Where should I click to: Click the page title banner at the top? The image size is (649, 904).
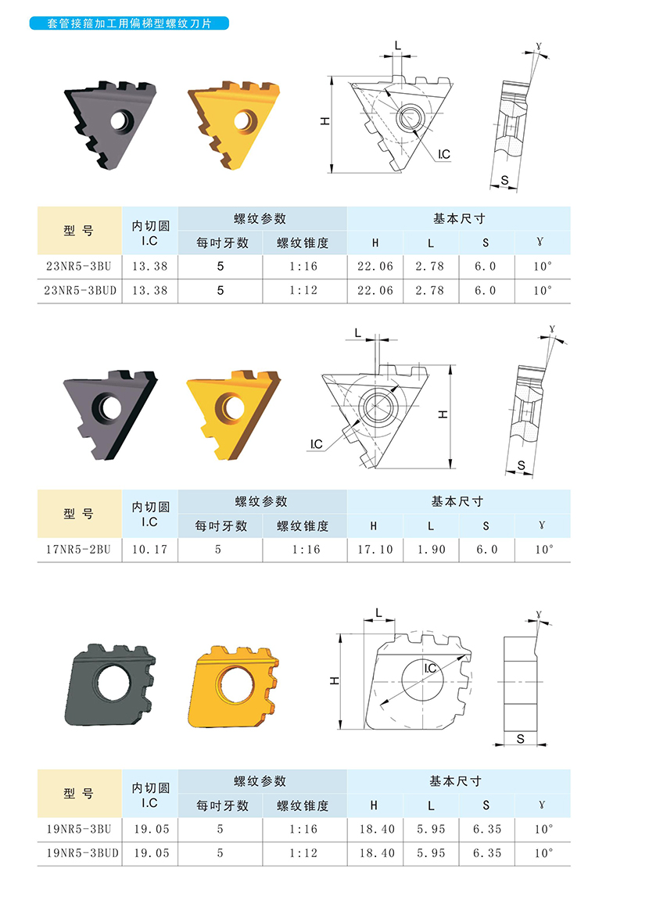129,23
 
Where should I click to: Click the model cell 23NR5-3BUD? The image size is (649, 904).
80,291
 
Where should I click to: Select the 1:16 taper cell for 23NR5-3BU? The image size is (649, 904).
303,267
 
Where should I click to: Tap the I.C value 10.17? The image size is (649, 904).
150,550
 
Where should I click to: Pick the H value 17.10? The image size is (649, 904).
375,550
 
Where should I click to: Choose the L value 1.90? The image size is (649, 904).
432,550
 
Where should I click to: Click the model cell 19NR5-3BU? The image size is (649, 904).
79,829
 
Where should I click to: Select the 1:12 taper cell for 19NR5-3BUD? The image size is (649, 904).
303,852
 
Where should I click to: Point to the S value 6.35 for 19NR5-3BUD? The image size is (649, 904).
487,852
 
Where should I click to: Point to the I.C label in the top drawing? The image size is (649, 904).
444,154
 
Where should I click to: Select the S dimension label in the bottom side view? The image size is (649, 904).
521,738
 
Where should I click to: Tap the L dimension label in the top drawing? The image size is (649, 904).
398,45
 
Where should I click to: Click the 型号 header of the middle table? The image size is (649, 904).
79,514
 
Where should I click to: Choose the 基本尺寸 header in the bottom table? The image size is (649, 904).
455,781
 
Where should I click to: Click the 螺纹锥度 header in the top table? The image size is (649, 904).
303,242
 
